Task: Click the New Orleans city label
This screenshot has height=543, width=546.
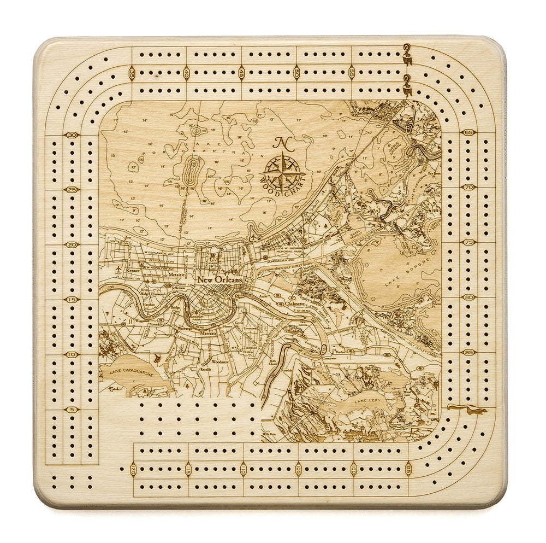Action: click(x=219, y=279)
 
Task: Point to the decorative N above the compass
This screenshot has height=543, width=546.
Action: click(x=282, y=143)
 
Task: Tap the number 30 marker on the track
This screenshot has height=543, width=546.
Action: click(x=72, y=135)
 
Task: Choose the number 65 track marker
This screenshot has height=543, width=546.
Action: click(x=468, y=132)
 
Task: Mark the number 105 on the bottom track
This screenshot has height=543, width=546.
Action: click(x=298, y=469)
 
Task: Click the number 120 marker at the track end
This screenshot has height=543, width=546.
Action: click(x=133, y=469)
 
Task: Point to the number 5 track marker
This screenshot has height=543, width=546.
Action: click(x=72, y=410)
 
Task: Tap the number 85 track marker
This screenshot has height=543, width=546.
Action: click(x=468, y=353)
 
